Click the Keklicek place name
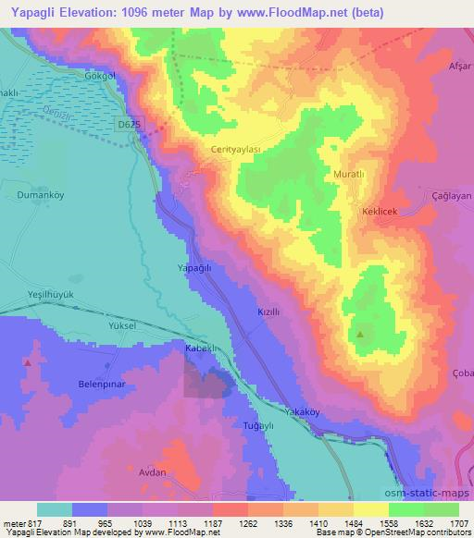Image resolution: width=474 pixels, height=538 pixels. tap(379, 212)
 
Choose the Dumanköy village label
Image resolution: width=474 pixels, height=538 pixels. tap(39, 195)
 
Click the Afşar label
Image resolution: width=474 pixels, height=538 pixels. tap(457, 66)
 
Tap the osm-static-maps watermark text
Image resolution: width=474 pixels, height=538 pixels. tap(428, 494)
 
